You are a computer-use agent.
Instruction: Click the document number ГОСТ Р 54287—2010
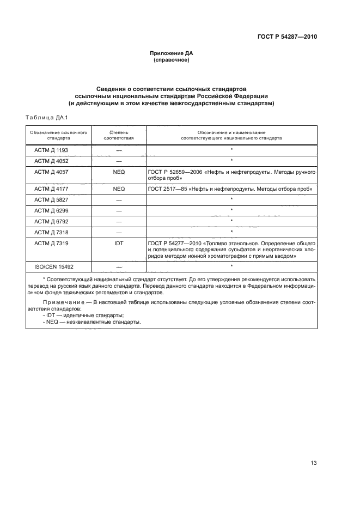point(287,37)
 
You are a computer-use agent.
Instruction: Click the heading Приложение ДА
point(172,53)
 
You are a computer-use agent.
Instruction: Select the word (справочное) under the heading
point(172,60)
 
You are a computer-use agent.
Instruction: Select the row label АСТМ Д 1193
point(51,149)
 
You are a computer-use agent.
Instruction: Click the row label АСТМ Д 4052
point(51,160)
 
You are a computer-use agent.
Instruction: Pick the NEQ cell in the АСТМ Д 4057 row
point(119,172)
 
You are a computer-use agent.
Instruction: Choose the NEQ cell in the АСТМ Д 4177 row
point(119,189)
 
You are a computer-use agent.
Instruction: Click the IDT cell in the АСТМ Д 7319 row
point(119,243)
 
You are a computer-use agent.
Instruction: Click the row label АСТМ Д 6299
point(51,210)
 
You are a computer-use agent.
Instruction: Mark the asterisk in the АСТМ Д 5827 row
point(231,199)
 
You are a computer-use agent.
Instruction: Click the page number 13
point(313,463)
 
